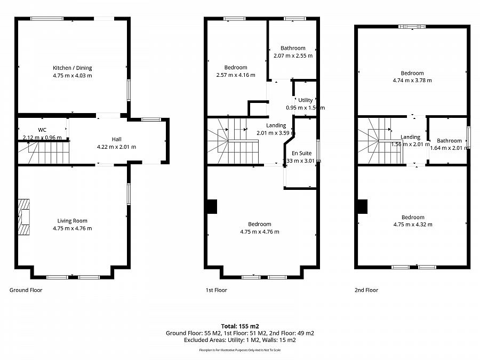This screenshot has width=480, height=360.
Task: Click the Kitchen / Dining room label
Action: pos(72,68)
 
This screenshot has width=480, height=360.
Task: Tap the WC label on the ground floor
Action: pos(42,130)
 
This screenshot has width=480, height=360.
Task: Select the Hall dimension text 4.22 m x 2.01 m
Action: pos(116,147)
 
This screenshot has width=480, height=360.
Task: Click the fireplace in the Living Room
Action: pos(25,217)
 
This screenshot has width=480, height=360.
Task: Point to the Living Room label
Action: pos(72,220)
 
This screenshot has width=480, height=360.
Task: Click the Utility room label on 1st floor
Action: pos(305,100)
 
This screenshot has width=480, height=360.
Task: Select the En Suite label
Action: pos(301,153)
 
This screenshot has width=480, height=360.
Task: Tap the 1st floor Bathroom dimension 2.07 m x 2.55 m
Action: pos(293,55)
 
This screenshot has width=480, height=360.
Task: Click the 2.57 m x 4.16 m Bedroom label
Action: pos(235,75)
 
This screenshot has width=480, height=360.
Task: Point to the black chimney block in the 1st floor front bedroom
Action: pos(212,206)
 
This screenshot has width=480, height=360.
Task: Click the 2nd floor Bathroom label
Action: pos(449,141)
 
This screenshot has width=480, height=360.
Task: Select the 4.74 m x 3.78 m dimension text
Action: pos(412,81)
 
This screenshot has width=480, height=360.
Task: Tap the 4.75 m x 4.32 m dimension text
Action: pos(413,225)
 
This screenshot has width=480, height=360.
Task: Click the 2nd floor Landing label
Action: pos(410,137)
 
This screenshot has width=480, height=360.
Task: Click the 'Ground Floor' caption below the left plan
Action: pos(26,290)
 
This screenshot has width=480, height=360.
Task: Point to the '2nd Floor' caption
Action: pos(366,290)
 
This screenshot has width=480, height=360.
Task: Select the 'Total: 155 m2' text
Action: pos(239,325)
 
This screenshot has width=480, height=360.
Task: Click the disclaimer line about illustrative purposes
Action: pos(239,350)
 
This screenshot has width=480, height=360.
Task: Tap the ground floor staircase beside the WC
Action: pos(45,153)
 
